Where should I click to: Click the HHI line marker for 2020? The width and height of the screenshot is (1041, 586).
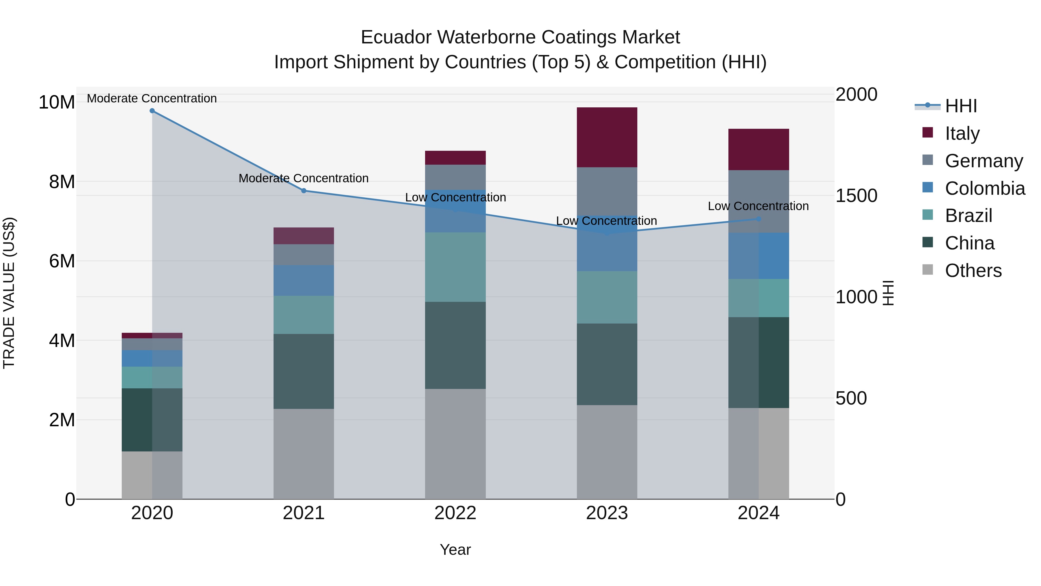(x=152, y=111)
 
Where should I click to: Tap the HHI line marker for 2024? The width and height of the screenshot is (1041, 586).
(x=758, y=219)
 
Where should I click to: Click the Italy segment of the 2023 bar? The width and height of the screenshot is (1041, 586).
(x=607, y=137)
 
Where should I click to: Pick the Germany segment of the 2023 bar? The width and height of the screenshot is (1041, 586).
(x=607, y=190)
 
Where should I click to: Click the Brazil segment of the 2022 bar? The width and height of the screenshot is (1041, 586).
(x=455, y=267)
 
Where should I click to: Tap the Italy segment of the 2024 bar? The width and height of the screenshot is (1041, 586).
(x=758, y=150)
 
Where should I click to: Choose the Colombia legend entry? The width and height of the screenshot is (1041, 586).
(x=984, y=188)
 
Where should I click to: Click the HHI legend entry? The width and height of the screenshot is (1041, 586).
(x=961, y=106)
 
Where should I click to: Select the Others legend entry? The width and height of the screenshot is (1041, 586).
(x=973, y=271)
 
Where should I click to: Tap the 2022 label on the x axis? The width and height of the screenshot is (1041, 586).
(x=455, y=513)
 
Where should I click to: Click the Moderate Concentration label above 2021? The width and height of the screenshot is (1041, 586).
(x=304, y=178)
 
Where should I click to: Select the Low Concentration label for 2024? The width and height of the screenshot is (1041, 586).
(x=758, y=206)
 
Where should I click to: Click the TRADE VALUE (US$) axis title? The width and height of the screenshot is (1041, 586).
(x=9, y=293)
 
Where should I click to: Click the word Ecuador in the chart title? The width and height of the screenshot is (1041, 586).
(x=396, y=37)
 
